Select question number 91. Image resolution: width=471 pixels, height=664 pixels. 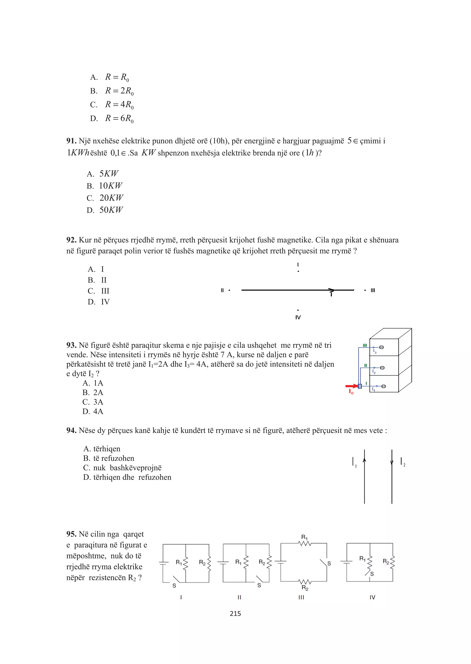coord(71,141)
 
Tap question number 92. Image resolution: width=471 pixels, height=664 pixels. coord(71,240)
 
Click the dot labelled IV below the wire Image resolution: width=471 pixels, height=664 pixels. coord(298,310)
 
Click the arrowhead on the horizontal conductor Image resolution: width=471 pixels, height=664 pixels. coord(331,290)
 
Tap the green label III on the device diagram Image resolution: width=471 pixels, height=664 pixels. coord(365,345)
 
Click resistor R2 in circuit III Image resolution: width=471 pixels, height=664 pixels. coord(304,582)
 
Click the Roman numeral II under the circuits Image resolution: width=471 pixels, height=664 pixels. coord(239,597)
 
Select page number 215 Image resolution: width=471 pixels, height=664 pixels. coord(235,614)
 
